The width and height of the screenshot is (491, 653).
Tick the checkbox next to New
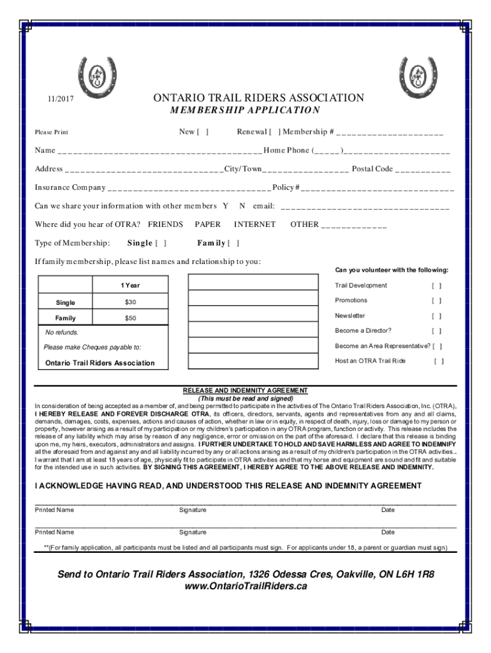(203, 132)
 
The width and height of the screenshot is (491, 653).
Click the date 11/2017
(58, 99)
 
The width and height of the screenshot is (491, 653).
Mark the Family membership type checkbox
(233, 243)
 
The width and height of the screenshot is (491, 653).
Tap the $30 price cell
(130, 302)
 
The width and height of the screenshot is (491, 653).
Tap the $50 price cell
(130, 318)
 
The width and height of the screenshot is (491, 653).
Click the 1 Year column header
(130, 285)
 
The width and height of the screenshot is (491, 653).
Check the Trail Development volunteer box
(436, 286)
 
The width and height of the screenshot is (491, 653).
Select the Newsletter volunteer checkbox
(436, 316)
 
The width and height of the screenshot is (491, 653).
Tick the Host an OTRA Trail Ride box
(439, 361)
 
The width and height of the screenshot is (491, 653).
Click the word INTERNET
(254, 224)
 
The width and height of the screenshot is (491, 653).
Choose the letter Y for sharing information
(225, 206)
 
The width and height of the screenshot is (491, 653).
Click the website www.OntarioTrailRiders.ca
(246, 586)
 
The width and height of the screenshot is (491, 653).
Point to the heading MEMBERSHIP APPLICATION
(246, 110)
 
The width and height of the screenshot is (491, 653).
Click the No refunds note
(62, 332)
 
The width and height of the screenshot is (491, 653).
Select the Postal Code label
(372, 169)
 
